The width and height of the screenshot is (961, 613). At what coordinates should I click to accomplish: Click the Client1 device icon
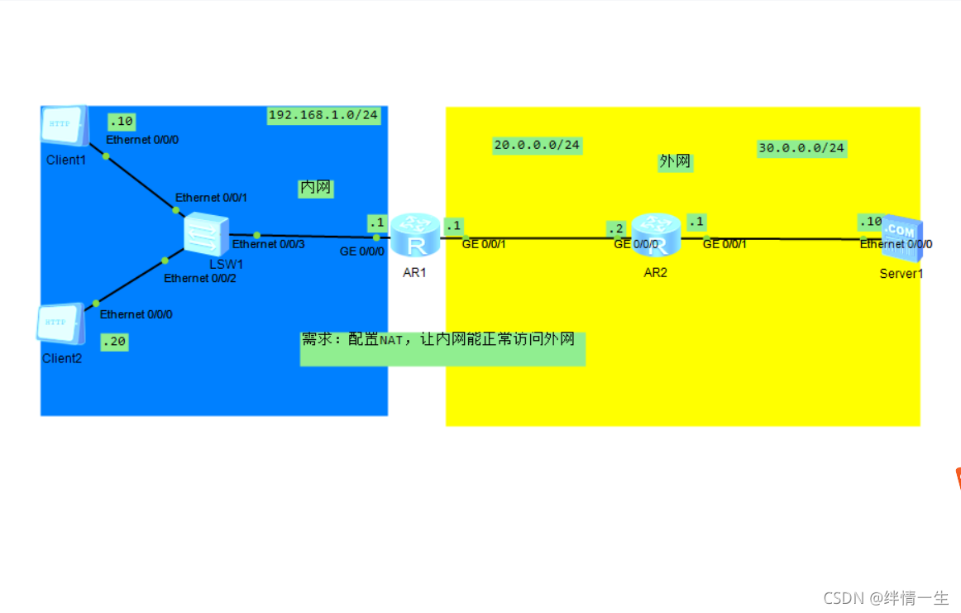64,126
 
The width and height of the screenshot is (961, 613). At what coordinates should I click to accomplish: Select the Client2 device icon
60,323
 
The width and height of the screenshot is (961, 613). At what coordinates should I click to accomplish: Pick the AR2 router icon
655,235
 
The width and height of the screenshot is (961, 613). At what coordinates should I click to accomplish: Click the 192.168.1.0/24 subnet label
323,116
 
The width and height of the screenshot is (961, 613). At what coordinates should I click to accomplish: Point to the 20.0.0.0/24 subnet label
537,146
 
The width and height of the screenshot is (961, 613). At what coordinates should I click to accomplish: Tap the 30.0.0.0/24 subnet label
801,149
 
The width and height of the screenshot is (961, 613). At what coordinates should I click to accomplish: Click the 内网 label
315,189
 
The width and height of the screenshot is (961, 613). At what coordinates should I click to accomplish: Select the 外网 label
675,162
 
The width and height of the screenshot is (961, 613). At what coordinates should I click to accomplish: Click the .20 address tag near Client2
114,342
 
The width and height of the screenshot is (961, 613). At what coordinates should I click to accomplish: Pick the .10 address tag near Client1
121,122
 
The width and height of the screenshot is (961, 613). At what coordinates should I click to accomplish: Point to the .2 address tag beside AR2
615,227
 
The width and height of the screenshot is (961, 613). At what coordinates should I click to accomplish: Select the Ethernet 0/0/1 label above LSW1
211,198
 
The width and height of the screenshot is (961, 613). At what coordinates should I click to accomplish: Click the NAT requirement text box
442,348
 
